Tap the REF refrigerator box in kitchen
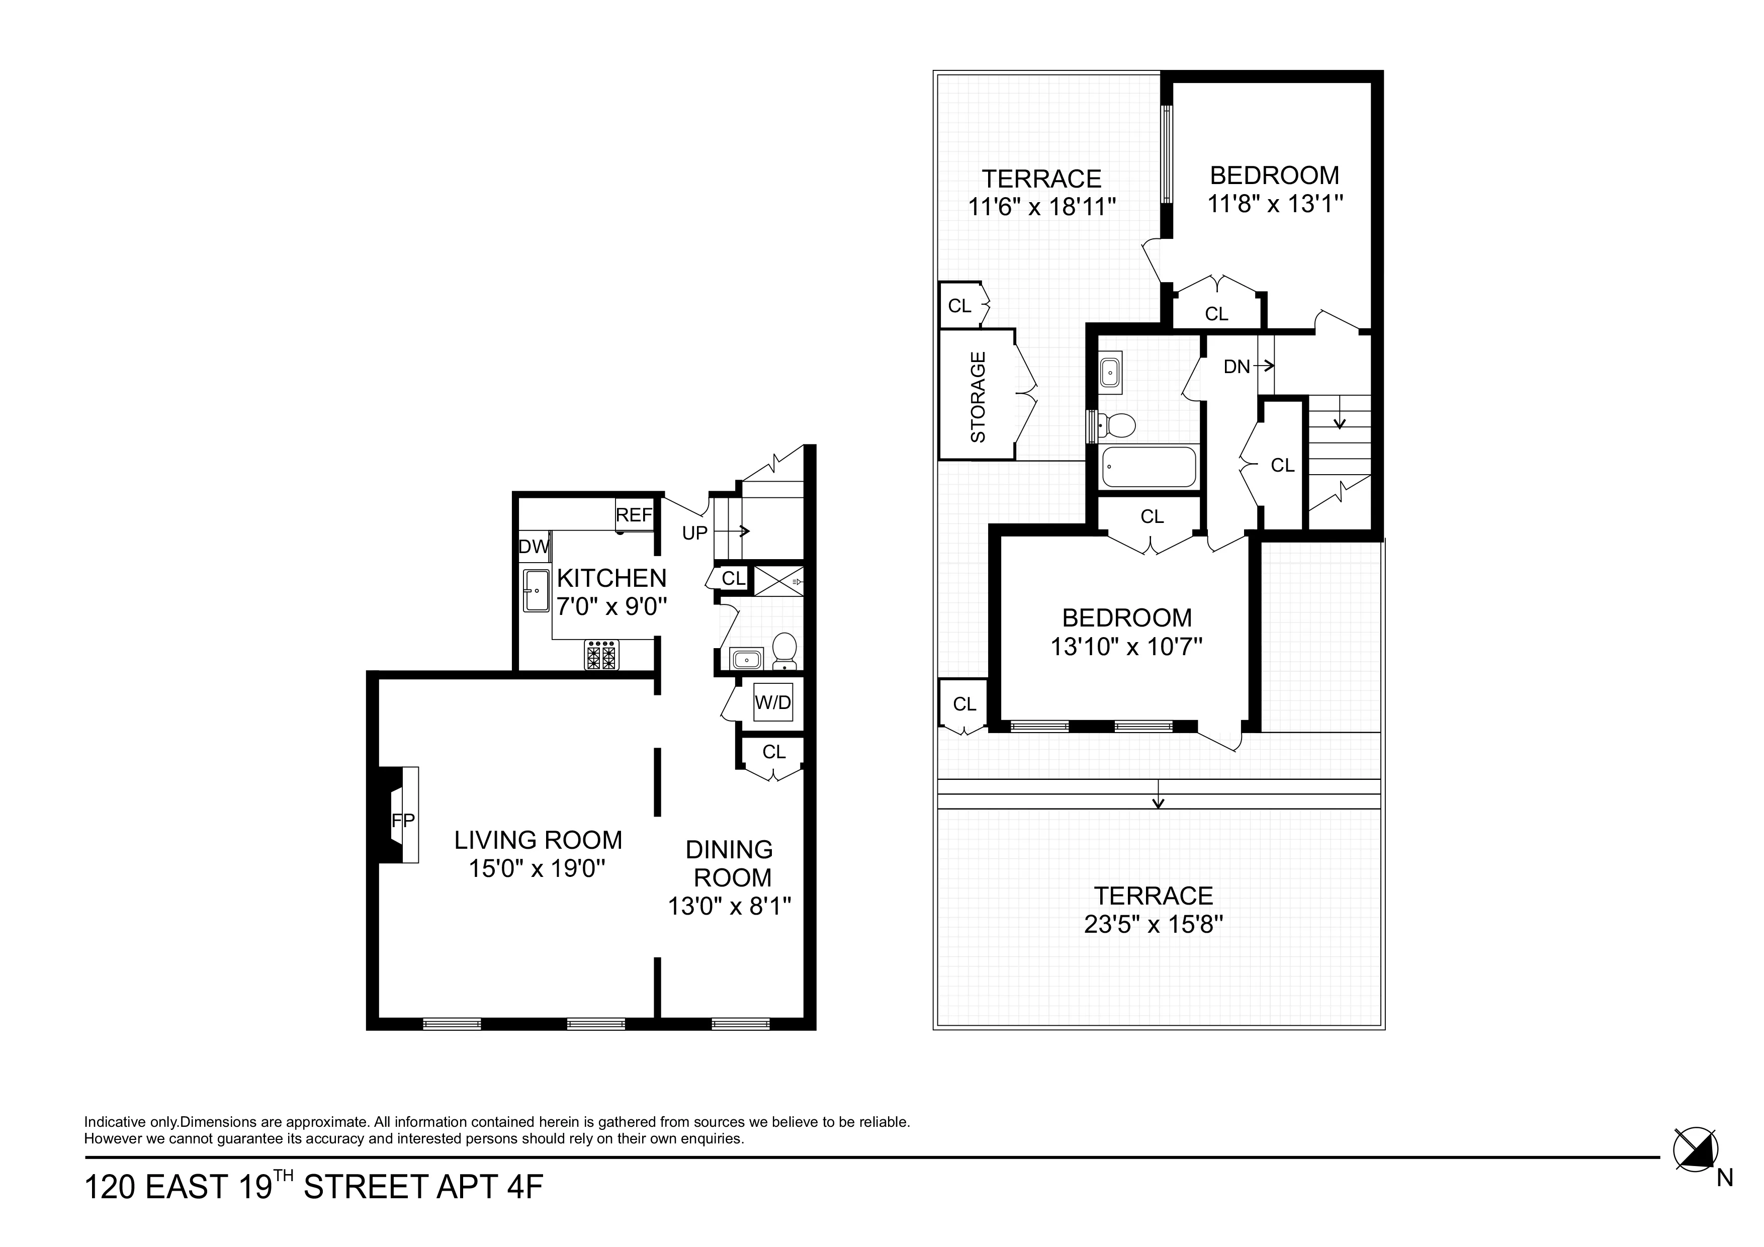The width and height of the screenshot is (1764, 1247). click(x=634, y=515)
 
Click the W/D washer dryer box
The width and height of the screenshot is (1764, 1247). click(x=772, y=702)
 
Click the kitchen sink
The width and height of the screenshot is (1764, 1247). click(x=536, y=590)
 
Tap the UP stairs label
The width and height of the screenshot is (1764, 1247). click(x=694, y=532)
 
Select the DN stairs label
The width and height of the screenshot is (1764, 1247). click(x=1237, y=367)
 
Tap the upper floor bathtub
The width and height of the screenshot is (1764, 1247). click(x=1149, y=467)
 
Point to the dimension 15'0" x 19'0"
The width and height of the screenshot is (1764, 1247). click(x=538, y=869)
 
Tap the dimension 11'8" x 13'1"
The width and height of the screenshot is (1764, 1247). click(x=1275, y=204)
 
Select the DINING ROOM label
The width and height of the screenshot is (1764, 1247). click(x=729, y=863)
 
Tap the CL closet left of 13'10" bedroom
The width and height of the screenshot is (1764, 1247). click(x=964, y=704)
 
